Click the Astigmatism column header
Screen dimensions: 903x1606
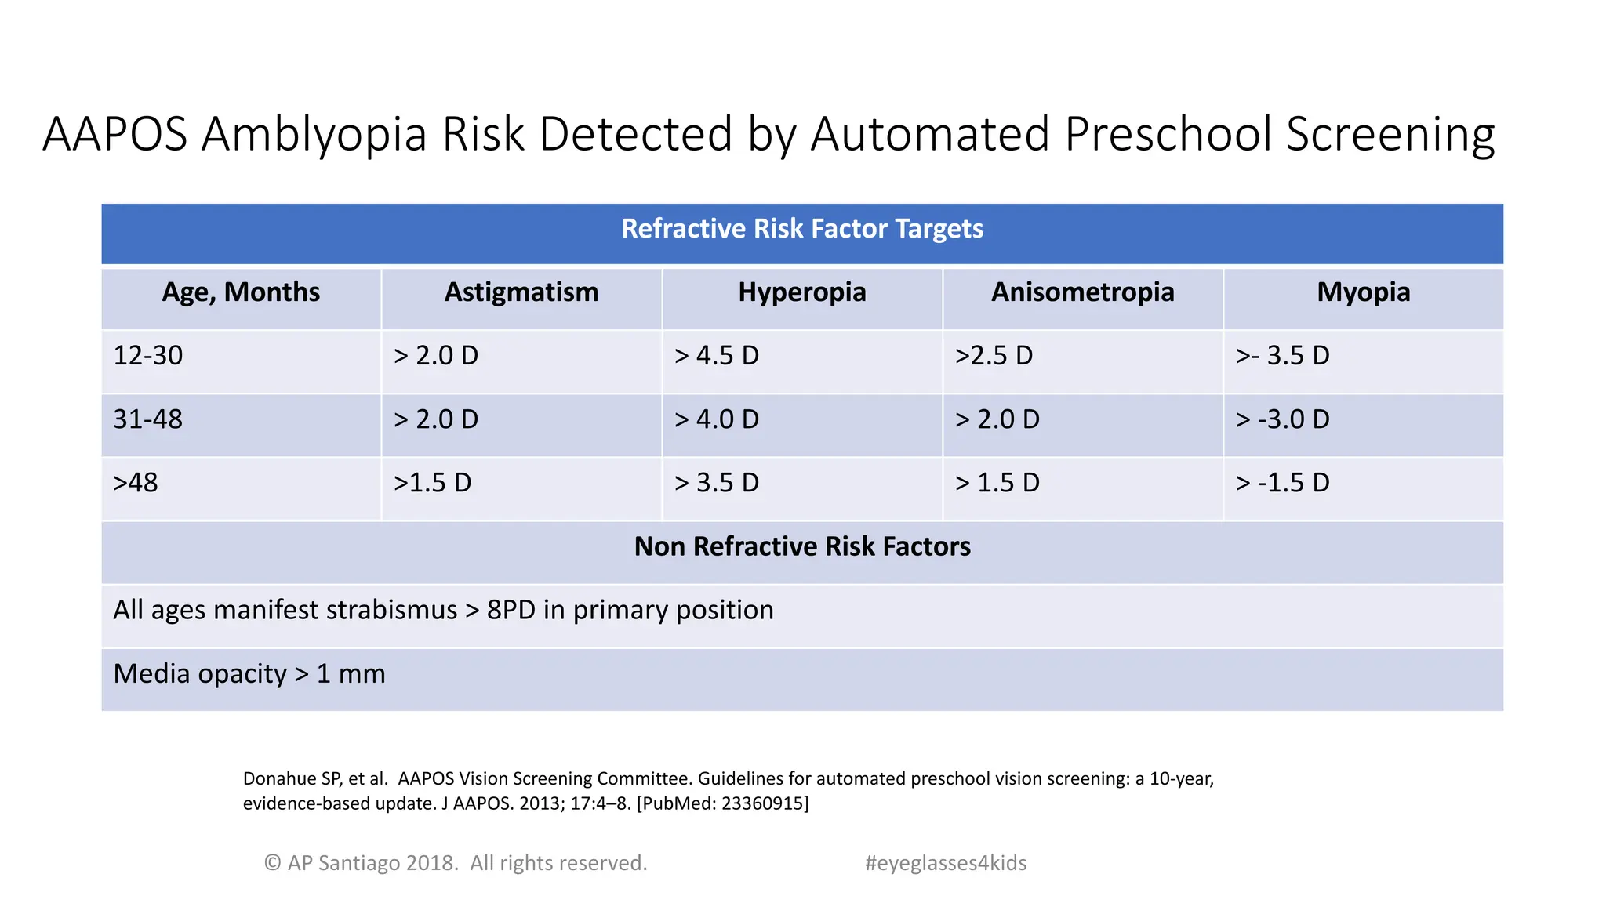point(521,292)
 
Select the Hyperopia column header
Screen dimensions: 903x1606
point(801,292)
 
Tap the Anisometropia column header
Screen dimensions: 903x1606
point(1082,292)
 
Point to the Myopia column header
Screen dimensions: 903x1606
point(1363,292)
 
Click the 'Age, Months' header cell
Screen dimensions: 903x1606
point(241,292)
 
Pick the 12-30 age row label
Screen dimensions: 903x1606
point(148,356)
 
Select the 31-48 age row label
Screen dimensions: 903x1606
point(148,419)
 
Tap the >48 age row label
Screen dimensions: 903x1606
point(136,483)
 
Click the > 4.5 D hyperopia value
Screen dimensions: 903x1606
point(717,356)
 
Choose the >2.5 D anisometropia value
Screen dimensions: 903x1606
point(994,356)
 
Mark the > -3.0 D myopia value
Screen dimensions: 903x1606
point(1283,419)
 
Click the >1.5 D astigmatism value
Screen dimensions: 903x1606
point(433,483)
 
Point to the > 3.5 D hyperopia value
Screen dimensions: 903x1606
point(717,483)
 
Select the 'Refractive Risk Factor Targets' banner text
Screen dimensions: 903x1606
point(802,229)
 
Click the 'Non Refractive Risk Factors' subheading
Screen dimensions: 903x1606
point(802,546)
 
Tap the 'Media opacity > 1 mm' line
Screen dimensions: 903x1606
point(249,674)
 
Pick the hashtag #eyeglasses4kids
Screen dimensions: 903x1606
point(946,863)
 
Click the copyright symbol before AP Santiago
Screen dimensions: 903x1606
point(272,863)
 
